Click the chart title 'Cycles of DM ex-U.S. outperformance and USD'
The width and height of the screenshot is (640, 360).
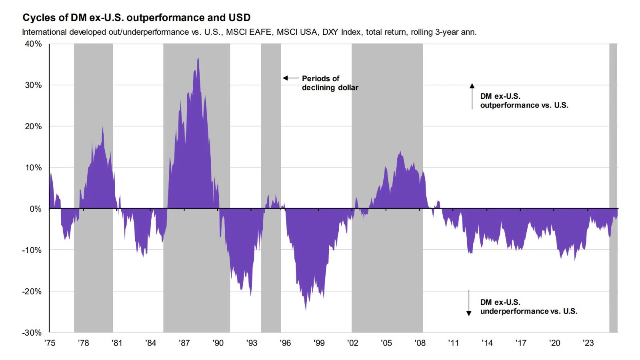[136, 18]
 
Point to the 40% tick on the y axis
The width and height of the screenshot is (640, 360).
[33, 44]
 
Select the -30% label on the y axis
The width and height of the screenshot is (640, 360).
[32, 332]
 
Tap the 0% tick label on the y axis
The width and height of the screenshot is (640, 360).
[35, 209]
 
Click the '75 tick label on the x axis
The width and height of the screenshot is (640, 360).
[50, 343]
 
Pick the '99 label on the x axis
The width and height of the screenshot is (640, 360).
[319, 343]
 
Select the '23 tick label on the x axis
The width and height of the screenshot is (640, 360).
[588, 343]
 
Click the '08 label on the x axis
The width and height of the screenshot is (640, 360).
[420, 343]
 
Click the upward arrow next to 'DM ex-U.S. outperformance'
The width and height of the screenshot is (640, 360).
[472, 96]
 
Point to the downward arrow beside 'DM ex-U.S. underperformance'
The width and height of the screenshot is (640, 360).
[469, 303]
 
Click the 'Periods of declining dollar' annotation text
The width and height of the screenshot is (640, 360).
[330, 83]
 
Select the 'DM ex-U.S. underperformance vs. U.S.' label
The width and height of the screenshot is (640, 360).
[528, 307]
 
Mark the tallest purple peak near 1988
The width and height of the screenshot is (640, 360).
[198, 59]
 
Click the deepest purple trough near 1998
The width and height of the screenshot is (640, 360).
[306, 309]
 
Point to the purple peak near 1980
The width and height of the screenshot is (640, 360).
[102, 128]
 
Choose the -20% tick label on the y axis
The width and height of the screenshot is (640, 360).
[32, 291]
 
